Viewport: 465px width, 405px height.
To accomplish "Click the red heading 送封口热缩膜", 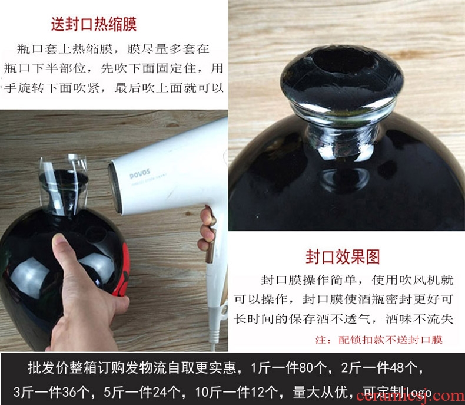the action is pos(94,24).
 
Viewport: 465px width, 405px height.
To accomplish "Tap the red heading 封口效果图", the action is pos(343,257).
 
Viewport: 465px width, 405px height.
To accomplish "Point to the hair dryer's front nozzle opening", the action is pos(115,187).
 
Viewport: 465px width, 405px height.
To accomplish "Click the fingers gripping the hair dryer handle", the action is pos(207,229).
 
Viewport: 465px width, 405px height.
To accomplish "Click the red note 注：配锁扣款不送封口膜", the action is pos(378,340).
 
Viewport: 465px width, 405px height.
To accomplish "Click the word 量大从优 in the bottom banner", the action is pos(320,392).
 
